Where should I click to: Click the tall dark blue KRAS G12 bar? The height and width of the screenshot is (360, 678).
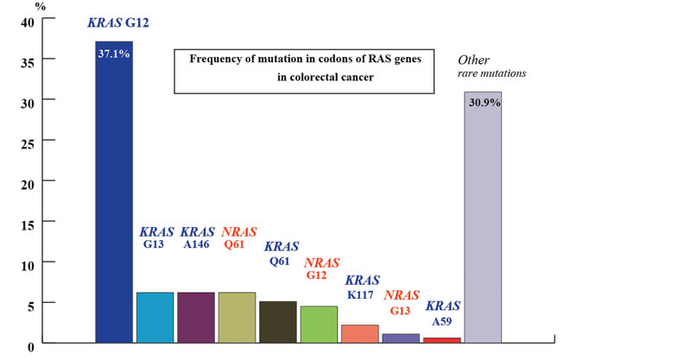[113, 199]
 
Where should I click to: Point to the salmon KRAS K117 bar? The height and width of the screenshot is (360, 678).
[359, 334]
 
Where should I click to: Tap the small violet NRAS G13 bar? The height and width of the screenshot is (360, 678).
[400, 338]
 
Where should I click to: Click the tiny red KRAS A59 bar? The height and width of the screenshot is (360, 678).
[441, 340]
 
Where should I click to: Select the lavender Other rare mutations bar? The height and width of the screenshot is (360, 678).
[483, 224]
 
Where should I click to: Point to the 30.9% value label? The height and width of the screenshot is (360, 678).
[483, 102]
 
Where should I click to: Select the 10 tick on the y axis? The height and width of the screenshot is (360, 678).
[27, 263]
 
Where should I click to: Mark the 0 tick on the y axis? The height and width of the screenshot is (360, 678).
[30, 345]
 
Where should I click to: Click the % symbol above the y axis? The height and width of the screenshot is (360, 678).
[41, 6]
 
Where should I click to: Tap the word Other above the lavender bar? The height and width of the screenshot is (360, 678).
[473, 60]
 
